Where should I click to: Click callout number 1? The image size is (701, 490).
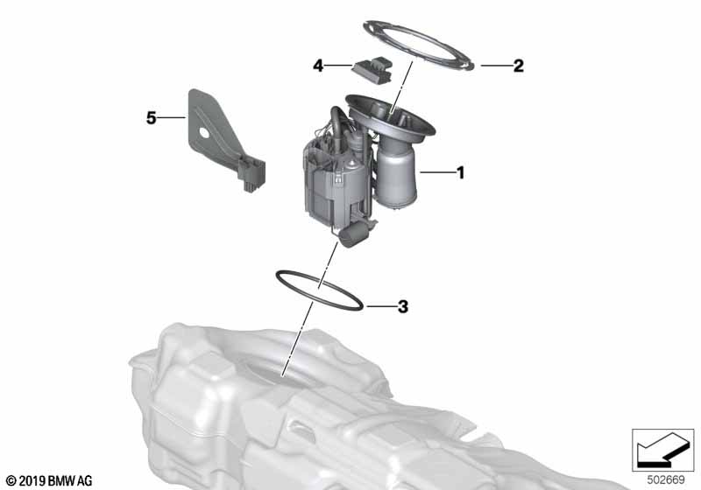(x=459, y=173)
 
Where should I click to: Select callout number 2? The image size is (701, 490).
(x=518, y=66)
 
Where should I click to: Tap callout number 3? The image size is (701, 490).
(x=402, y=307)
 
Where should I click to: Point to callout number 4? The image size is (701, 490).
(x=319, y=65)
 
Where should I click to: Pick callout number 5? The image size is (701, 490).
(x=152, y=117)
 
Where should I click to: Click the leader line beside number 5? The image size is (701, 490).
(x=173, y=117)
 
